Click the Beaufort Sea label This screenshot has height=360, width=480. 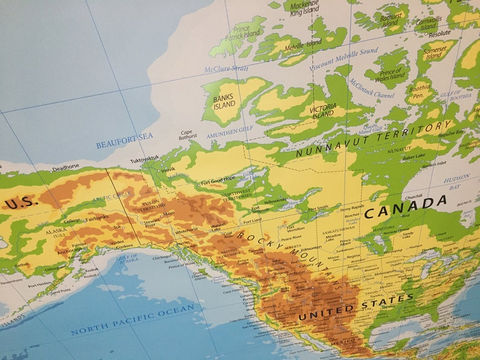click(125, 141)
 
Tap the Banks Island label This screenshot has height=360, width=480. click(224, 100)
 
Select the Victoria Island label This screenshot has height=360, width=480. click(323, 111)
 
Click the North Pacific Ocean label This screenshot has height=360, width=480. click(132, 320)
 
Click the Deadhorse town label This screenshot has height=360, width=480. click(65, 167)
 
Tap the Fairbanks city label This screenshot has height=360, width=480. click(97, 217)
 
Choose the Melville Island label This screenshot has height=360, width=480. click(303, 44)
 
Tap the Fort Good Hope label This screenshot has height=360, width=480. click(218, 180)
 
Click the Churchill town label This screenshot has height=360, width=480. click(414, 196)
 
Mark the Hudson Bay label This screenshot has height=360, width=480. click(456, 179)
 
